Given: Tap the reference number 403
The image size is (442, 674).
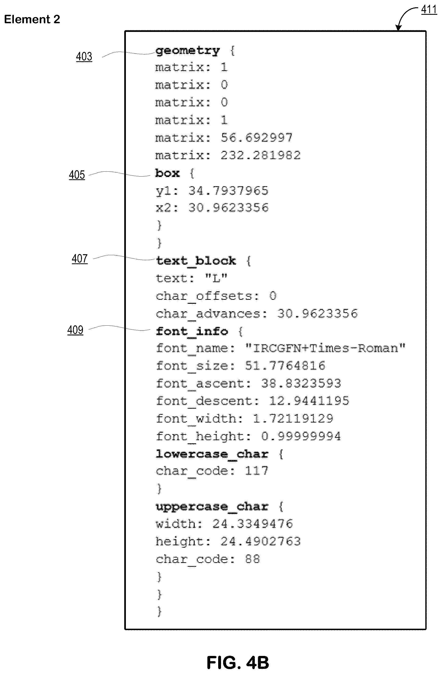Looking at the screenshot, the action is point(84,57).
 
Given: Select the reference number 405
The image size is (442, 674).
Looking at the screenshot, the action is point(77,175).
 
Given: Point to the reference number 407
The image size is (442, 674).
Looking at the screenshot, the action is point(80,258).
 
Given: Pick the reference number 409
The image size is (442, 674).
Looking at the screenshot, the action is point(75,330).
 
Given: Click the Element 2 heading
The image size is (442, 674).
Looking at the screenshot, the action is point(32,19).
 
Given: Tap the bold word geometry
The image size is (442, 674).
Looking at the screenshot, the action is point(188,51).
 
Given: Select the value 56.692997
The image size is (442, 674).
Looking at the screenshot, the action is point(257,138).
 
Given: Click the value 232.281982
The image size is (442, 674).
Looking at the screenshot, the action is point(261,155).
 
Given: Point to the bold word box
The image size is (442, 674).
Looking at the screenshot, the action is point(167,173).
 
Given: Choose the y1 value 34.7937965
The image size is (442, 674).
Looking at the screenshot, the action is point(228,190).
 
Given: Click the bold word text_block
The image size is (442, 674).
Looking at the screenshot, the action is point(196,261).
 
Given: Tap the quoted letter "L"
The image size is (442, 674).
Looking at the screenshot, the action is point(216,278).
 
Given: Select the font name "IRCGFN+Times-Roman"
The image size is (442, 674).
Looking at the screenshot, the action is point(325,348).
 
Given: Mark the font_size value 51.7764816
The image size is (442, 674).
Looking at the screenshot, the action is point(285,366).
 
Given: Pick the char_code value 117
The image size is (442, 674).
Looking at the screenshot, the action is point(257,471).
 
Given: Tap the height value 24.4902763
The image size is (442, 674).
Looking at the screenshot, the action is point(261,541).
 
